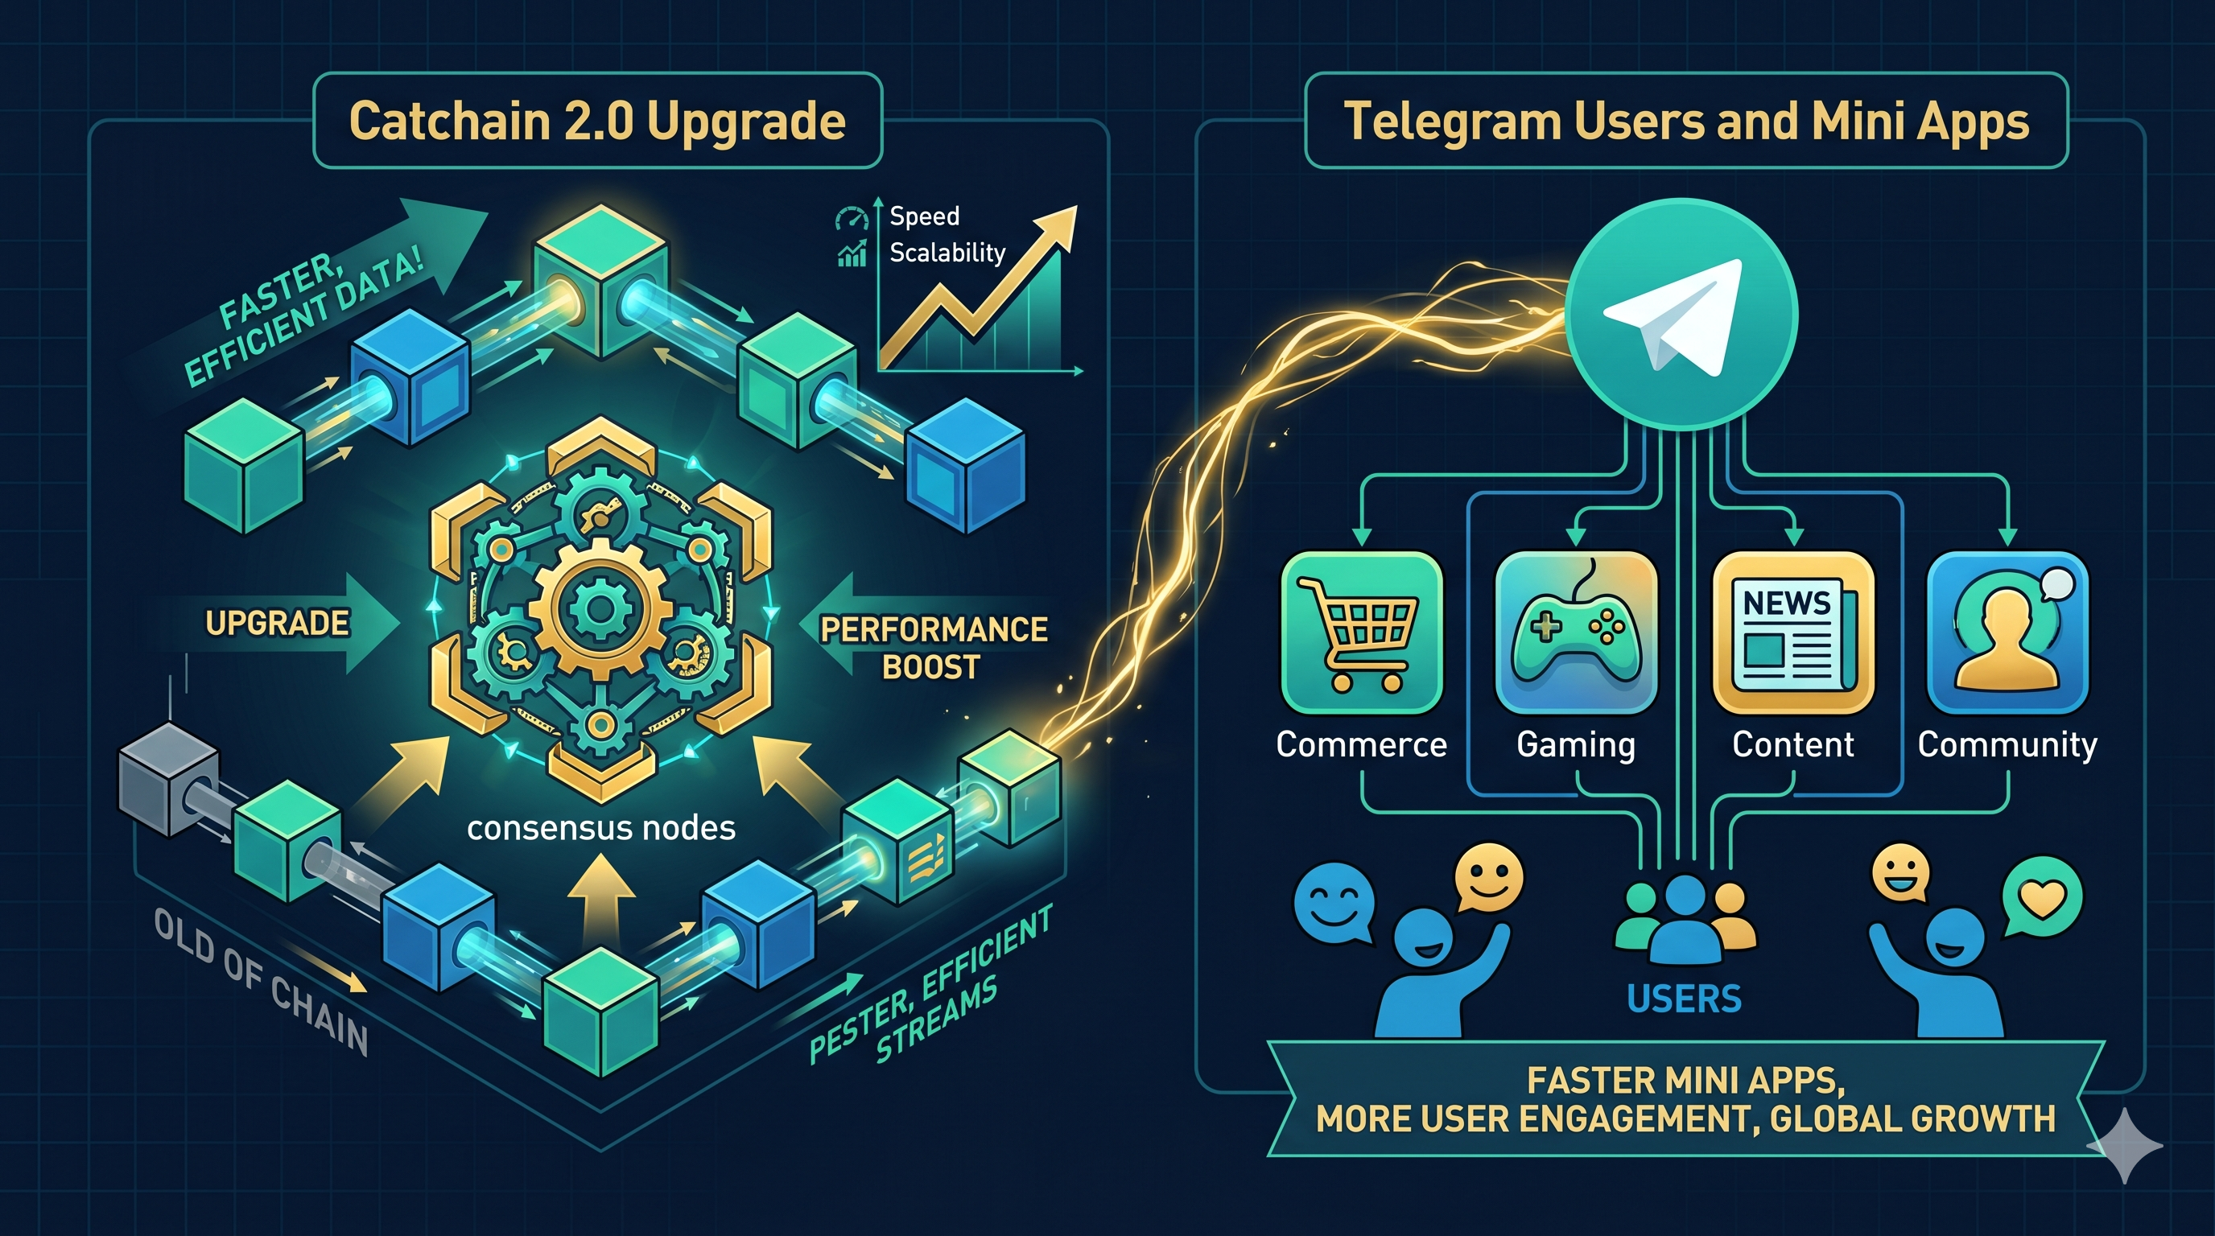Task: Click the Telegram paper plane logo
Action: pos(1679,315)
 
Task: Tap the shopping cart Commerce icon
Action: pos(1361,632)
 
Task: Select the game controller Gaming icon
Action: pos(1575,632)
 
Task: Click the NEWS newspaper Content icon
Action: pos(1792,632)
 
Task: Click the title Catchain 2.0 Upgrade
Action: pos(597,121)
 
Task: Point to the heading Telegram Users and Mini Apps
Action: pos(1685,121)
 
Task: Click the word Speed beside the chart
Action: pos(924,216)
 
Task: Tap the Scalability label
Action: pos(947,253)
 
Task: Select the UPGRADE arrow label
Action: pos(277,623)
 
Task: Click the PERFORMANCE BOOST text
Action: pos(933,647)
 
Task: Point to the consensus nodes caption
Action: pos(601,828)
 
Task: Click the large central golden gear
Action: pos(600,609)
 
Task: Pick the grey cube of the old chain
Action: pos(167,779)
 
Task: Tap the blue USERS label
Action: pos(1684,999)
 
